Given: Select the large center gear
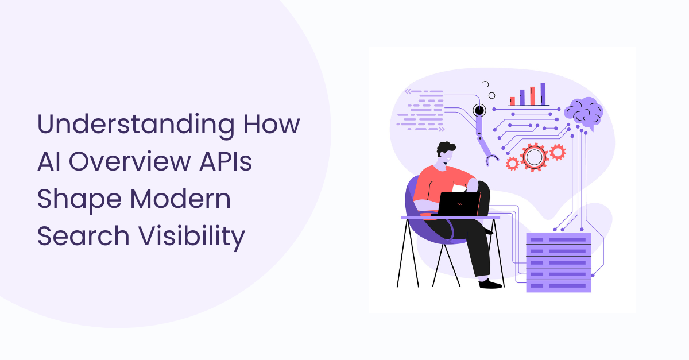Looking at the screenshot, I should coord(534,156).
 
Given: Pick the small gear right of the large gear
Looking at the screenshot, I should coord(557,152).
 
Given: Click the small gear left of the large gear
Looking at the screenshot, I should coord(513,162).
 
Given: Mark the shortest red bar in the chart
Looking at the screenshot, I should coord(512,101).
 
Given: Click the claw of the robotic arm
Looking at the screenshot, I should coord(490,159).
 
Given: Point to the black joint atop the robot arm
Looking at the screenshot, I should coord(478,110).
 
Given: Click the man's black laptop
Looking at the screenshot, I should coord(459,203).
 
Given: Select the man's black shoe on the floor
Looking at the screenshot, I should coord(490,284).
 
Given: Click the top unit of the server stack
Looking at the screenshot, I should coord(558,238).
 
